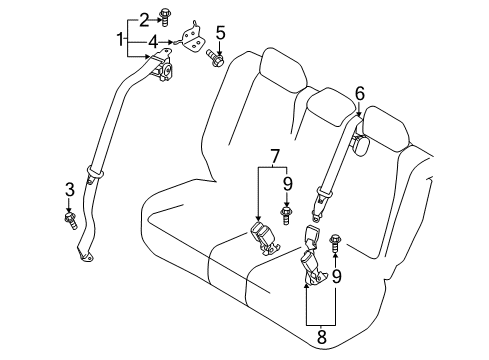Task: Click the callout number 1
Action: (x=120, y=40)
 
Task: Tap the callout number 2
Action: (x=144, y=20)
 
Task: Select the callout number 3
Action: (x=69, y=190)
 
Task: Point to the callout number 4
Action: (x=153, y=42)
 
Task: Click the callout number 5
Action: (x=221, y=33)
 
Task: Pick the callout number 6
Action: (x=360, y=94)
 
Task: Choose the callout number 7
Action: (x=274, y=157)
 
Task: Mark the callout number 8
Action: (x=321, y=337)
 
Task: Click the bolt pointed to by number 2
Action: (x=164, y=17)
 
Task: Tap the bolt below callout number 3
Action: (x=71, y=221)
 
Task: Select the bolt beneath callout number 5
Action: (x=215, y=57)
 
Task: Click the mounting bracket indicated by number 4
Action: (x=192, y=37)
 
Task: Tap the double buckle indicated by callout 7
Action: (x=265, y=238)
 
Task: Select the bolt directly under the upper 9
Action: (x=286, y=215)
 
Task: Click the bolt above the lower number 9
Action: (x=335, y=243)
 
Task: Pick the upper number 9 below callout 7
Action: (x=287, y=184)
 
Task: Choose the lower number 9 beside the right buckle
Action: (x=337, y=276)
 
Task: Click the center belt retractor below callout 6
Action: (x=360, y=144)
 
